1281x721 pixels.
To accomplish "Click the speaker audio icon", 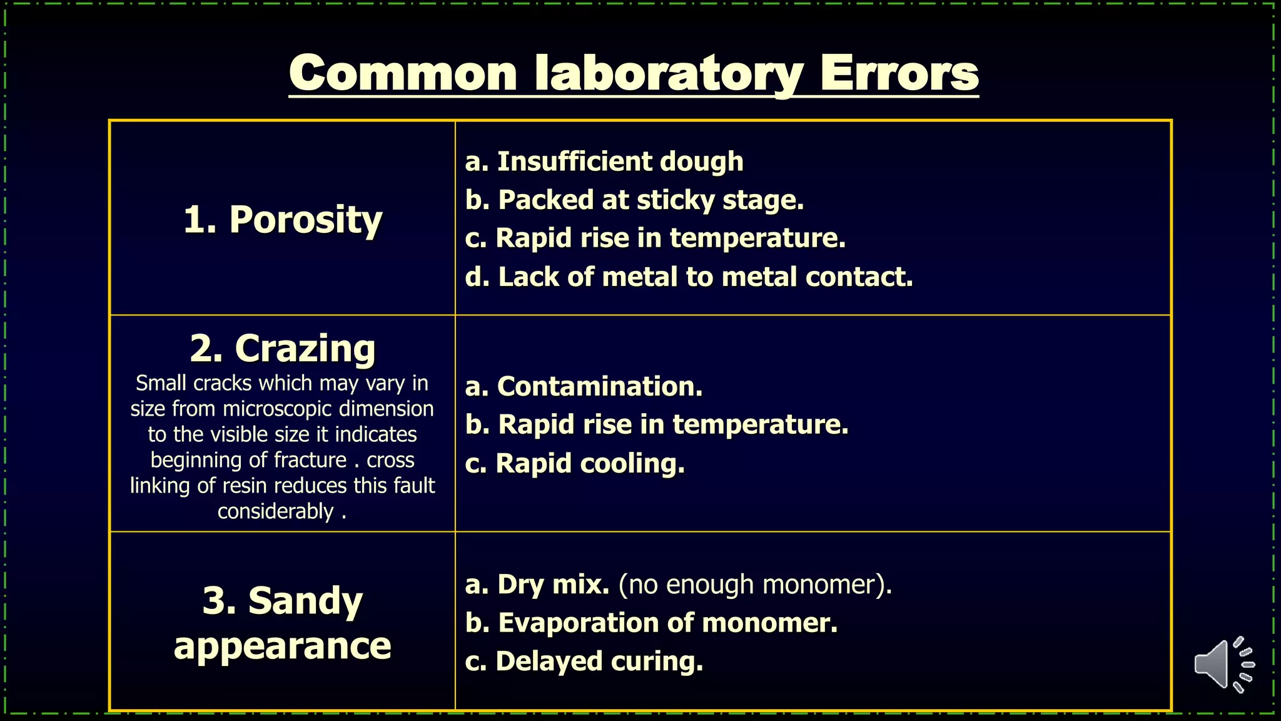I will click(1223, 665).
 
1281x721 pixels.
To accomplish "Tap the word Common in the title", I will click(403, 73).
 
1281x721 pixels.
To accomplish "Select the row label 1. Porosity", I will click(283, 220).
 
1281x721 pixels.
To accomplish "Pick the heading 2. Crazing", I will click(283, 348).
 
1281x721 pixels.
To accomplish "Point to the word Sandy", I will click(305, 601).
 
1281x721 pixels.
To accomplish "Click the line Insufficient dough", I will click(604, 161).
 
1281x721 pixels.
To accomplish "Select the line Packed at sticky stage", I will click(634, 200).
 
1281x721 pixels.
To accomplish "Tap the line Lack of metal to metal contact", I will click(689, 277).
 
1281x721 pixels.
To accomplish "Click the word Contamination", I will click(599, 387).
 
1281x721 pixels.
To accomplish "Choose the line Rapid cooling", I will click(575, 464).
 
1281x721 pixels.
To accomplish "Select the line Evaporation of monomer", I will click(651, 623).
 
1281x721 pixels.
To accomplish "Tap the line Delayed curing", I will click(584, 662).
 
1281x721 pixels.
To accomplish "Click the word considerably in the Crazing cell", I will click(275, 511).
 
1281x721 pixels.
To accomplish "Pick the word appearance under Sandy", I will click(283, 646).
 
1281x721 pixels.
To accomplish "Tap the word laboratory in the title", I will click(669, 73).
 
